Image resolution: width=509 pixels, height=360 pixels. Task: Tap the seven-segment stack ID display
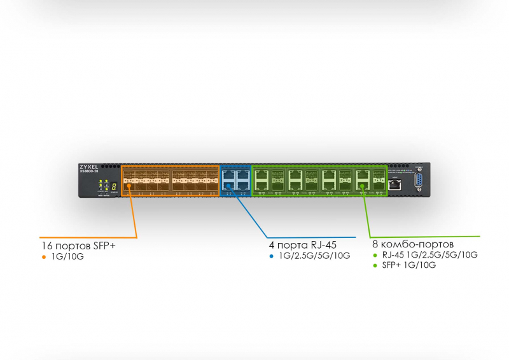pyautogui.click(x=113, y=186)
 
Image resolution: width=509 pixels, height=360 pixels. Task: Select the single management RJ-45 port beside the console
pyautogui.click(x=395, y=184)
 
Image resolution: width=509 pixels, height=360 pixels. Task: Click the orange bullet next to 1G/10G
pyautogui.click(x=44, y=257)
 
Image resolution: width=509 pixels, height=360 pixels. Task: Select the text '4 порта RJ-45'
pyautogui.click(x=303, y=244)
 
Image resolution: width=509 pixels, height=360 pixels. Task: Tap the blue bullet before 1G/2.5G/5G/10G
pyautogui.click(x=271, y=256)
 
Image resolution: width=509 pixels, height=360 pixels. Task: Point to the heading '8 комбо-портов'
pyautogui.click(x=413, y=244)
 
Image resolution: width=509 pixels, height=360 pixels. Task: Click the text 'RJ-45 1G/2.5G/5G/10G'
pyautogui.click(x=429, y=255)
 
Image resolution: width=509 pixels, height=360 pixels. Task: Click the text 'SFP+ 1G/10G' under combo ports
pyautogui.click(x=408, y=265)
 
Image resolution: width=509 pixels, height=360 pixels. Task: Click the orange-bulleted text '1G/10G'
pyautogui.click(x=66, y=257)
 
